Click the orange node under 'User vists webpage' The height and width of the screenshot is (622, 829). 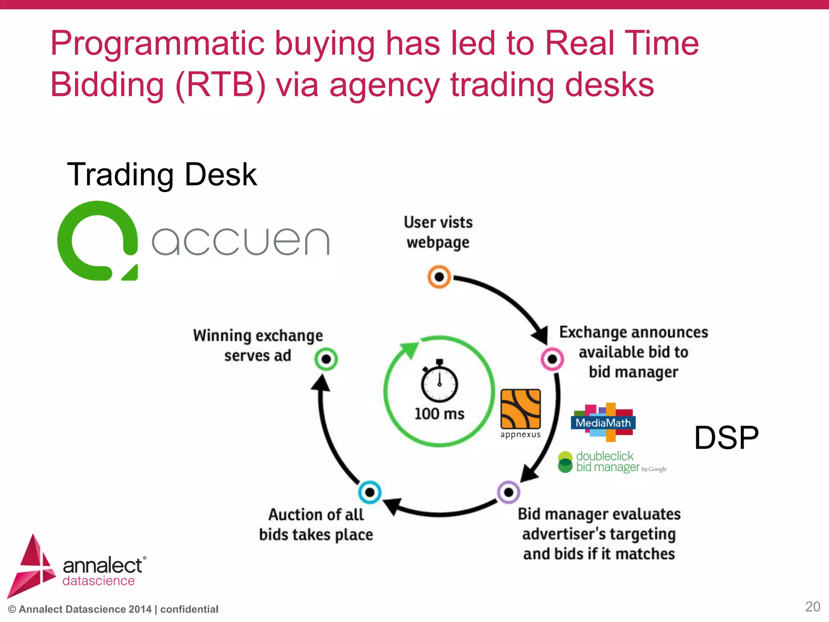[x=439, y=277]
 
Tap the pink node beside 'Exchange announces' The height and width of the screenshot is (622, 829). [x=552, y=359]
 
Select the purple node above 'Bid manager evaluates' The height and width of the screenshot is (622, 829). [x=508, y=492]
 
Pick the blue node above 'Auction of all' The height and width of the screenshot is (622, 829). [x=370, y=492]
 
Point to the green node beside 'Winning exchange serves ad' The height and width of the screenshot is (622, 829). [x=326, y=359]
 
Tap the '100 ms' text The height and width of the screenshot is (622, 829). [x=440, y=414]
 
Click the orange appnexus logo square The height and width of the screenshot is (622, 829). [x=521, y=409]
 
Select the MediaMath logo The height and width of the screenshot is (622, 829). [x=603, y=422]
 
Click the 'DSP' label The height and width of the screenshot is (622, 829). [x=726, y=438]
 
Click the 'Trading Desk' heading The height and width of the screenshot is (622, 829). [x=162, y=174]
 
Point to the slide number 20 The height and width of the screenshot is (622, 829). [x=812, y=607]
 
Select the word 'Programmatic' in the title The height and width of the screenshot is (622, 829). [x=157, y=44]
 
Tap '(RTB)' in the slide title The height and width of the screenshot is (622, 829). [x=221, y=85]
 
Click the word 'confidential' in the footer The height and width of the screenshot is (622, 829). [x=189, y=609]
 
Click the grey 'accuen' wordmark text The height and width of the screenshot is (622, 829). [x=241, y=241]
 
